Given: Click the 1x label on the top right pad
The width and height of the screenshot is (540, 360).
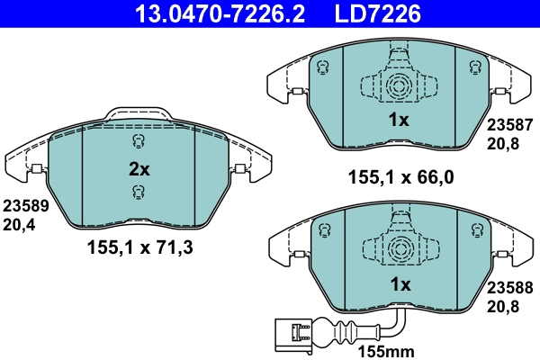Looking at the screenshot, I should (399, 120).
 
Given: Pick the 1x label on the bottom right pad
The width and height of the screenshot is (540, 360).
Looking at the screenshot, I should (399, 284).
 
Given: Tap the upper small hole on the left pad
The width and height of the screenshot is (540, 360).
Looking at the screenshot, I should (138, 141).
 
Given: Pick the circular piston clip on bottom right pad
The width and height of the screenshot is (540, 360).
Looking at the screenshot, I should (399, 249).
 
